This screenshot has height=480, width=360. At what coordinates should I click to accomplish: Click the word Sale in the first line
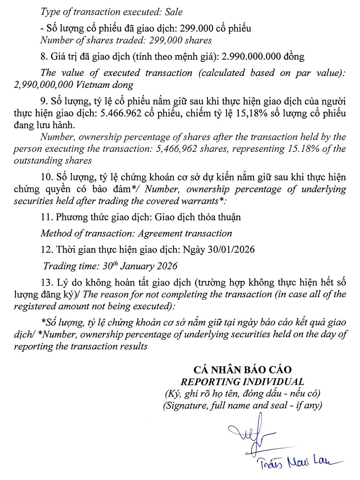174,12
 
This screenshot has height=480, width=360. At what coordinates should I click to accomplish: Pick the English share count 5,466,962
174,149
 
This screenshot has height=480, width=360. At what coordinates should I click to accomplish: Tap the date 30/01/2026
231,250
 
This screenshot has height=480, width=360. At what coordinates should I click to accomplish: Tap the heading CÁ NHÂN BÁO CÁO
242,369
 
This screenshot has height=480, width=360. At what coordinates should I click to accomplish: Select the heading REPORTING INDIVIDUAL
242,381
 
